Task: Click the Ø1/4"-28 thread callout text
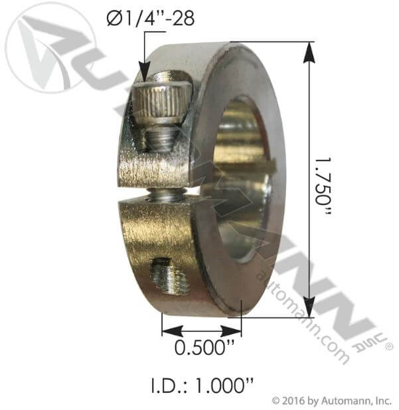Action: coord(150,19)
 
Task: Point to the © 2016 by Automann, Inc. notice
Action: coord(332,400)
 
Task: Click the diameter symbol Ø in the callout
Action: coord(113,19)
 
